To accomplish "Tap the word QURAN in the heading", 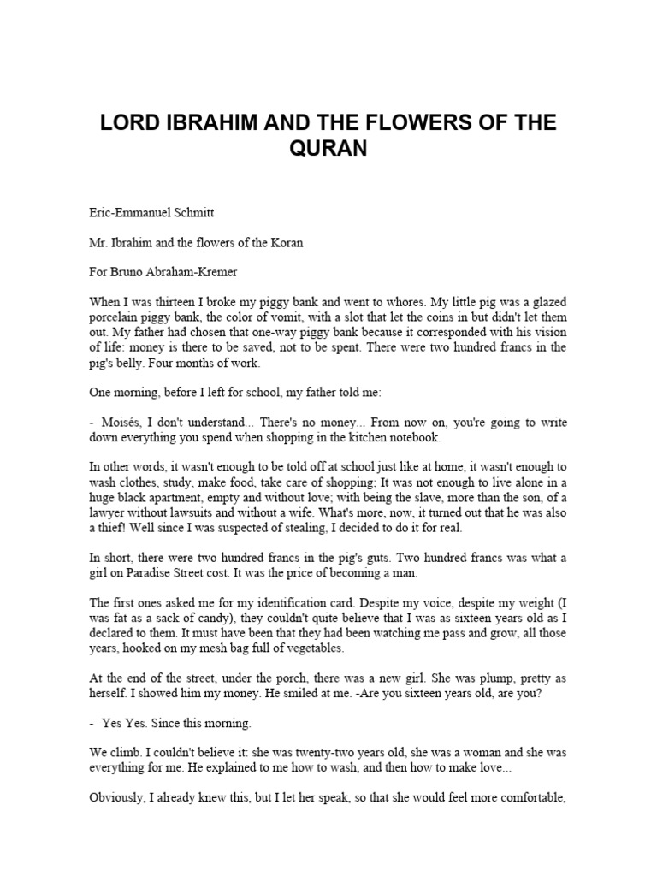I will pyautogui.click(x=328, y=149).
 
